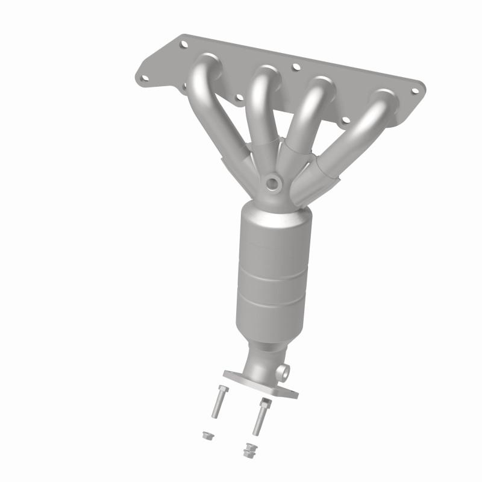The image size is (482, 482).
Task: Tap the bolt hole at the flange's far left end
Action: pos(143,78)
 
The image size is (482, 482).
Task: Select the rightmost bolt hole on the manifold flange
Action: pos(415,91)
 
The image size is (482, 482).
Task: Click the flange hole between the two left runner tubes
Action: pos(239,97)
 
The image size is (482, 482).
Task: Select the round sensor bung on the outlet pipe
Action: pos(283,369)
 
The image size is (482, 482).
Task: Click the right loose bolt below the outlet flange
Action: pos(260,416)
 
